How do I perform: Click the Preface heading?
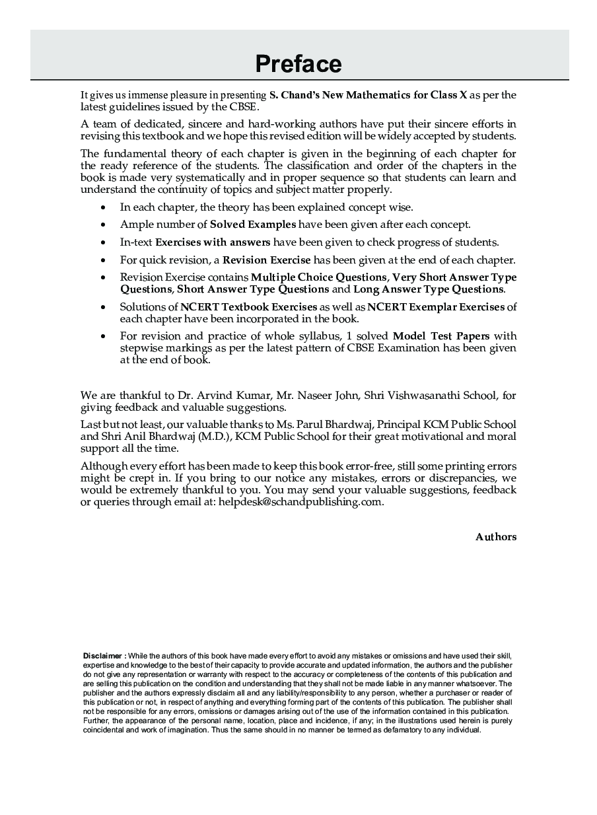[298, 64]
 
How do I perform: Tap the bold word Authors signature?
[496, 537]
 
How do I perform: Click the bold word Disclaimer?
[102, 655]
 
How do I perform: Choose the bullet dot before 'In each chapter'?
[103, 207]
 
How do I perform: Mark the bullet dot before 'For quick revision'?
[103, 260]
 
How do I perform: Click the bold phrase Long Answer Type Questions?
[429, 289]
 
